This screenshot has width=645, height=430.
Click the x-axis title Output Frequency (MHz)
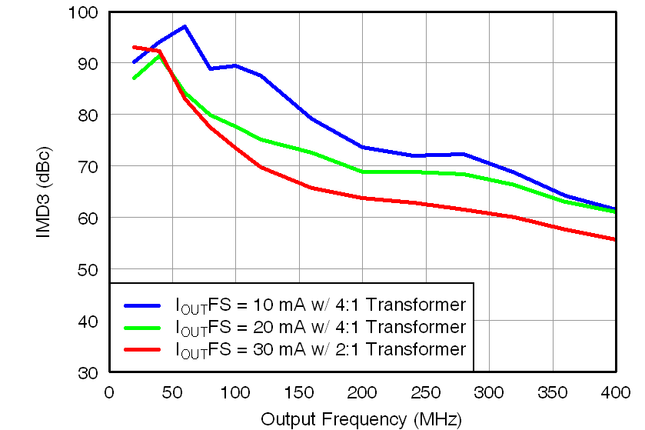coord(361,419)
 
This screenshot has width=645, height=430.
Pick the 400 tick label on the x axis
coord(614,392)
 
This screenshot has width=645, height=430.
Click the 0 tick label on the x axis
coord(109,392)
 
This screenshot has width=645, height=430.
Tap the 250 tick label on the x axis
coord(424,392)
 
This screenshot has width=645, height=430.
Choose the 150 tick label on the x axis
coord(298,392)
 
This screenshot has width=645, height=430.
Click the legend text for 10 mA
coord(321,304)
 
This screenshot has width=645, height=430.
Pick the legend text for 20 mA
coord(321,327)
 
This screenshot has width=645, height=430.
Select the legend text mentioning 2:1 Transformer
coord(321,350)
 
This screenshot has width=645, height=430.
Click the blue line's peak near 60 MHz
coord(185,27)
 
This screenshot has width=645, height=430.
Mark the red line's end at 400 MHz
coord(614,239)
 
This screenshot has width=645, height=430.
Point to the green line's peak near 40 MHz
coord(159,55)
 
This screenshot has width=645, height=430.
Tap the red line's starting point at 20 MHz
coord(135,47)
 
